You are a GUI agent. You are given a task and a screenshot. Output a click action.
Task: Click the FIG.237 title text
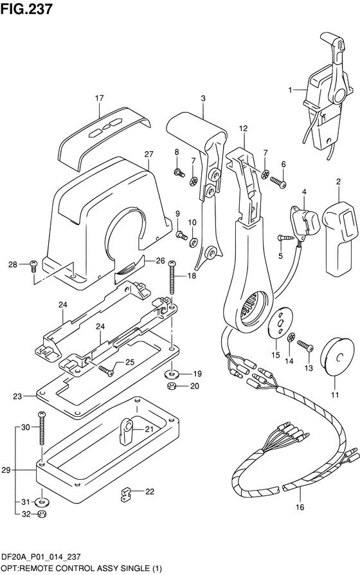[27, 8]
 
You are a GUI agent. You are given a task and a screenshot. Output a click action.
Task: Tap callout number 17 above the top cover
[99, 98]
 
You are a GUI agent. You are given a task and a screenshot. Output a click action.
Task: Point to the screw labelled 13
[306, 348]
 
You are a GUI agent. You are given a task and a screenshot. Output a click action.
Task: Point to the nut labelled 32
[41, 514]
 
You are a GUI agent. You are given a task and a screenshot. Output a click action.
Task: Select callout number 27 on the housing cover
[148, 154]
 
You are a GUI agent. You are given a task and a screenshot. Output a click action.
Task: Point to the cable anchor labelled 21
[127, 428]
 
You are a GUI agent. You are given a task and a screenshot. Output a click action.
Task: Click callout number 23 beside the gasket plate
[17, 396]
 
